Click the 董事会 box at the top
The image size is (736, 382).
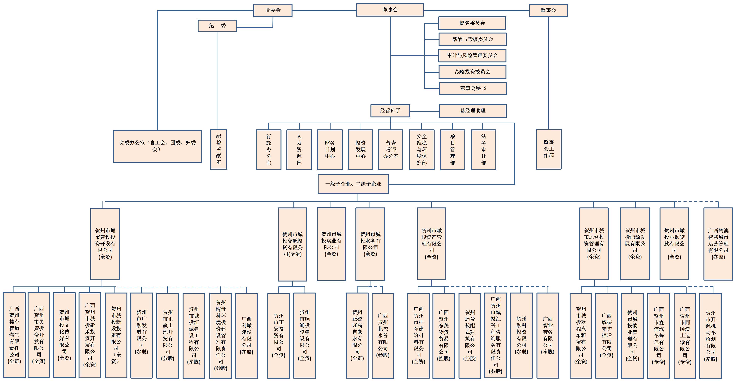click(390, 10)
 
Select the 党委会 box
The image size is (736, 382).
click(273, 10)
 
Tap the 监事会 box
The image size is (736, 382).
click(548, 10)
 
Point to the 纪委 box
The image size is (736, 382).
click(217, 26)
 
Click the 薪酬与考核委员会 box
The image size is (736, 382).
click(472, 39)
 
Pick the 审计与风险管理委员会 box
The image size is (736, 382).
click(472, 55)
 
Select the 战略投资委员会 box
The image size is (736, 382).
click(472, 72)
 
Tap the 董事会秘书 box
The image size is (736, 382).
click(473, 88)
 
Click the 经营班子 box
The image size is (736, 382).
click(390, 111)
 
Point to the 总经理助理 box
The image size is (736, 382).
click(473, 111)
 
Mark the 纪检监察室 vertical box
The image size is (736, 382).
click(219, 149)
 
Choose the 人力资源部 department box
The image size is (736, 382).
click(299, 150)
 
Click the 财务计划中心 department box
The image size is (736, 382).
click(330, 150)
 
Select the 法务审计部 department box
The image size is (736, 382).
click(483, 150)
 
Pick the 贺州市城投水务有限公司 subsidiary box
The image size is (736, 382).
click(370, 244)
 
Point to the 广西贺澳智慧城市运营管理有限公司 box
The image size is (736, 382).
click(718, 244)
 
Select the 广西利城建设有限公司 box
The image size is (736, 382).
click(246, 335)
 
